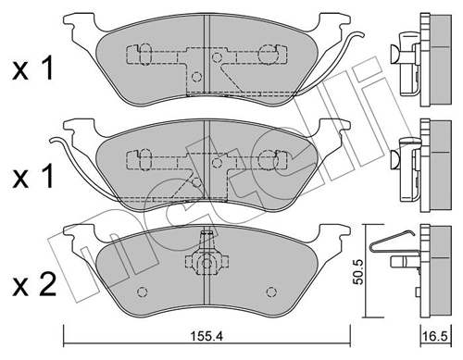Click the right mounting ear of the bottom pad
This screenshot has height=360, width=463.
tap(332, 233)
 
